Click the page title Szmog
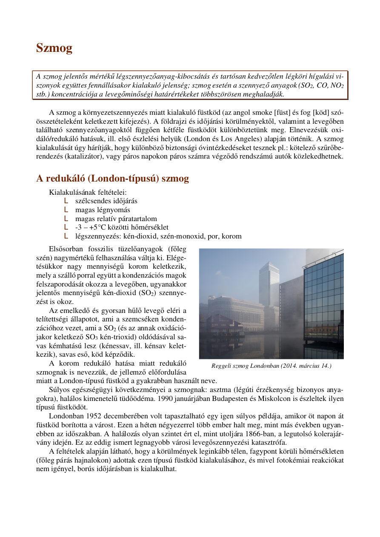[54, 48]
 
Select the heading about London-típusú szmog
[112, 179]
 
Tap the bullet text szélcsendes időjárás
[106, 201]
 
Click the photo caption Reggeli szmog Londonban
[271, 366]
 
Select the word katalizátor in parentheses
[83, 156]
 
